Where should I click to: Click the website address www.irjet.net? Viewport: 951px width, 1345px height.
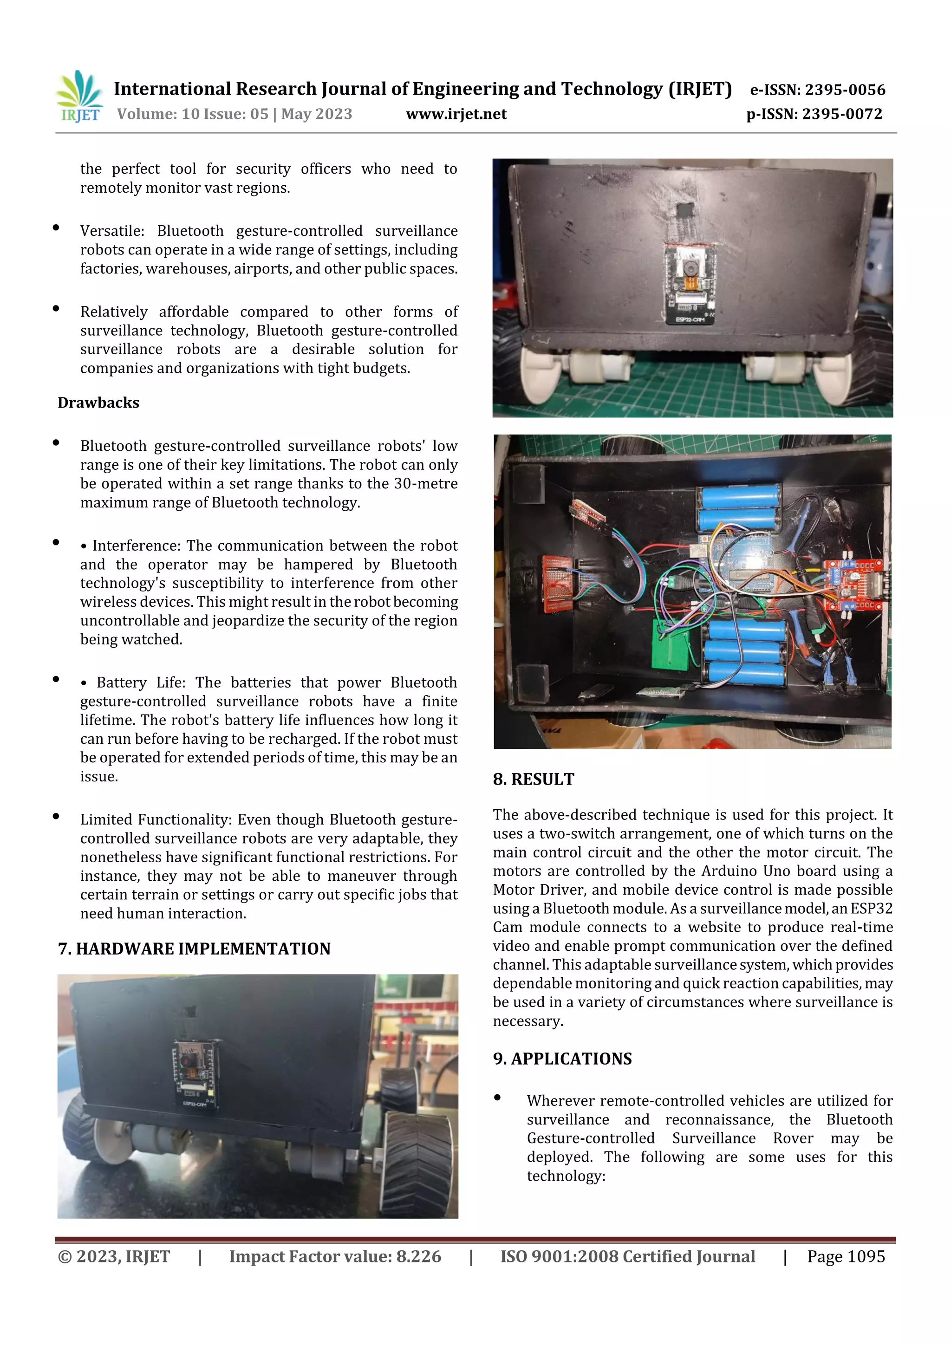456,114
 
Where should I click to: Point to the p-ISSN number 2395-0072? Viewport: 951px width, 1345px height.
841,114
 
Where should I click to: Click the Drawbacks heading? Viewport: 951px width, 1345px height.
98,403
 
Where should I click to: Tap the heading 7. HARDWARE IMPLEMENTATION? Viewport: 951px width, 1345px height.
194,949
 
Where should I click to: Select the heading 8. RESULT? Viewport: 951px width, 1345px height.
533,780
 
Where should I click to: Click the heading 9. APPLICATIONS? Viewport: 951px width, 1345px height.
562,1059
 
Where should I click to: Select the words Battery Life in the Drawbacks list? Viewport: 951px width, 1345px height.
141,683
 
